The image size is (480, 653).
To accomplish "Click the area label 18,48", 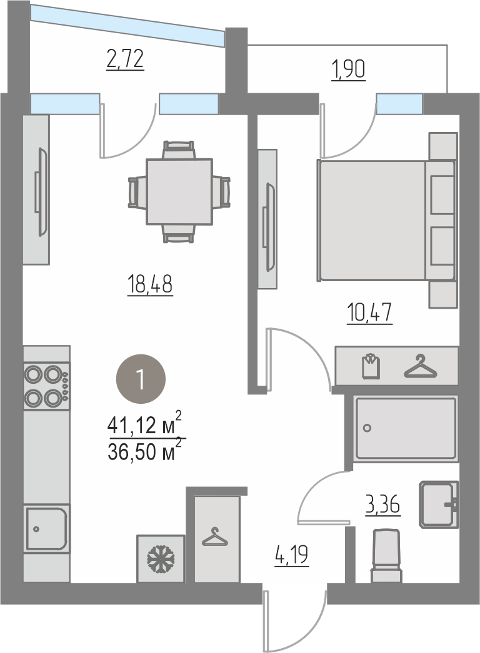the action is [150, 285].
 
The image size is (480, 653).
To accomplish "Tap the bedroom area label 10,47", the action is [369, 313].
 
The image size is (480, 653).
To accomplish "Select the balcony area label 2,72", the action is [125, 59].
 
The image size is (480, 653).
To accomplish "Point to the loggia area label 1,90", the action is [348, 69].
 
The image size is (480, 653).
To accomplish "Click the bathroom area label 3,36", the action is [382, 505].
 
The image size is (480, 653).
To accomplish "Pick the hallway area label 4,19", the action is [292, 555].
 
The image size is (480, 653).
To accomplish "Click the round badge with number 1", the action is [141, 379].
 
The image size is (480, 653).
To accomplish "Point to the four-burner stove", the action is [46, 386].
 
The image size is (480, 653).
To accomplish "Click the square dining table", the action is [179, 192].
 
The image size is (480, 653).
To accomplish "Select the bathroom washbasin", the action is [439, 505].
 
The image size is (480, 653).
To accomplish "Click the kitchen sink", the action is [46, 528].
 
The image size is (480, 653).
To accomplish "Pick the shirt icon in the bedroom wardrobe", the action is [371, 366].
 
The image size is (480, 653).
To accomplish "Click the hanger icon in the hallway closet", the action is [214, 537].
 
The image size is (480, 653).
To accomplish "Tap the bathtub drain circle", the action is [367, 428].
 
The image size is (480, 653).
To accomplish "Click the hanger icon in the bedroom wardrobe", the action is [421, 366].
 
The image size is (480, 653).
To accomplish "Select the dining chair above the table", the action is [179, 150].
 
